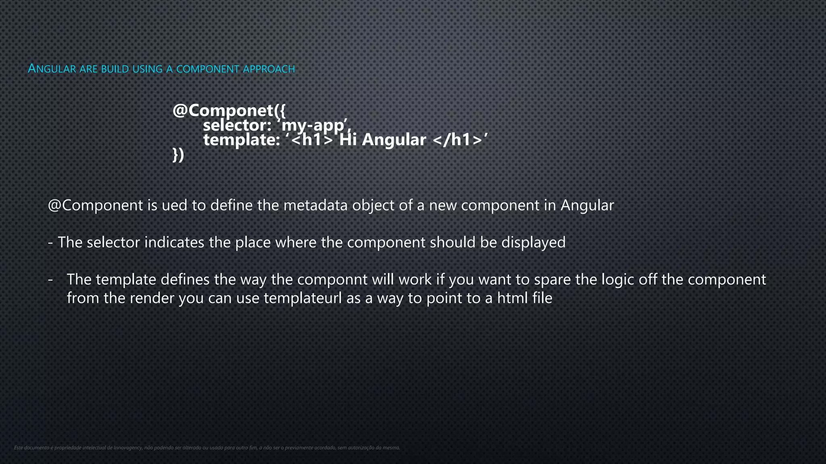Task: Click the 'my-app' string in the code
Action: coord(314,125)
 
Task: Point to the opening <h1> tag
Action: coord(312,140)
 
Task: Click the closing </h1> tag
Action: coord(457,140)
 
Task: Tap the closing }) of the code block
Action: coord(178,155)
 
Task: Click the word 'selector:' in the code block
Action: coord(236,125)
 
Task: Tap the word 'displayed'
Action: coord(533,242)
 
